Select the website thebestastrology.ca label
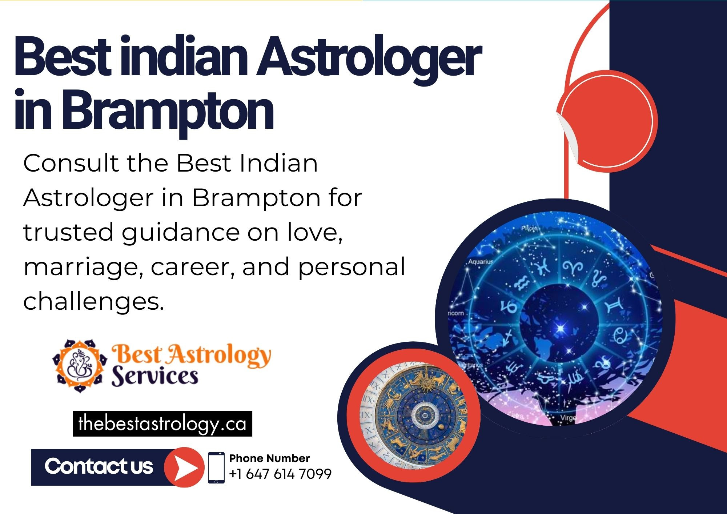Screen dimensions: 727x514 pyautogui.click(x=162, y=424)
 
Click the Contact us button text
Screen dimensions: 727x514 pyautogui.click(x=99, y=467)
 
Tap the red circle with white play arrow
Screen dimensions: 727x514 pyautogui.click(x=184, y=467)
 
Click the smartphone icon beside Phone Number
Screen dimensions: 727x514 pyautogui.click(x=216, y=467)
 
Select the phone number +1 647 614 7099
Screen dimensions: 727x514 pyautogui.click(x=280, y=474)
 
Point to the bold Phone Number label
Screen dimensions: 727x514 pyautogui.click(x=269, y=458)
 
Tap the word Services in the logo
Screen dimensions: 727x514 pyautogui.click(x=155, y=376)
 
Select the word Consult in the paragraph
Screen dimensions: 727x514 pyautogui.click(x=71, y=163)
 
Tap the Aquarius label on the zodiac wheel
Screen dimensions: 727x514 pyautogui.click(x=481, y=262)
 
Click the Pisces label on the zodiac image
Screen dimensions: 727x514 pyautogui.click(x=530, y=228)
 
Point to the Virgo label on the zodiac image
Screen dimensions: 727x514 pyautogui.click(x=568, y=418)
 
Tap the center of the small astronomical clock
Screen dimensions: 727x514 pyautogui.click(x=423, y=413)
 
